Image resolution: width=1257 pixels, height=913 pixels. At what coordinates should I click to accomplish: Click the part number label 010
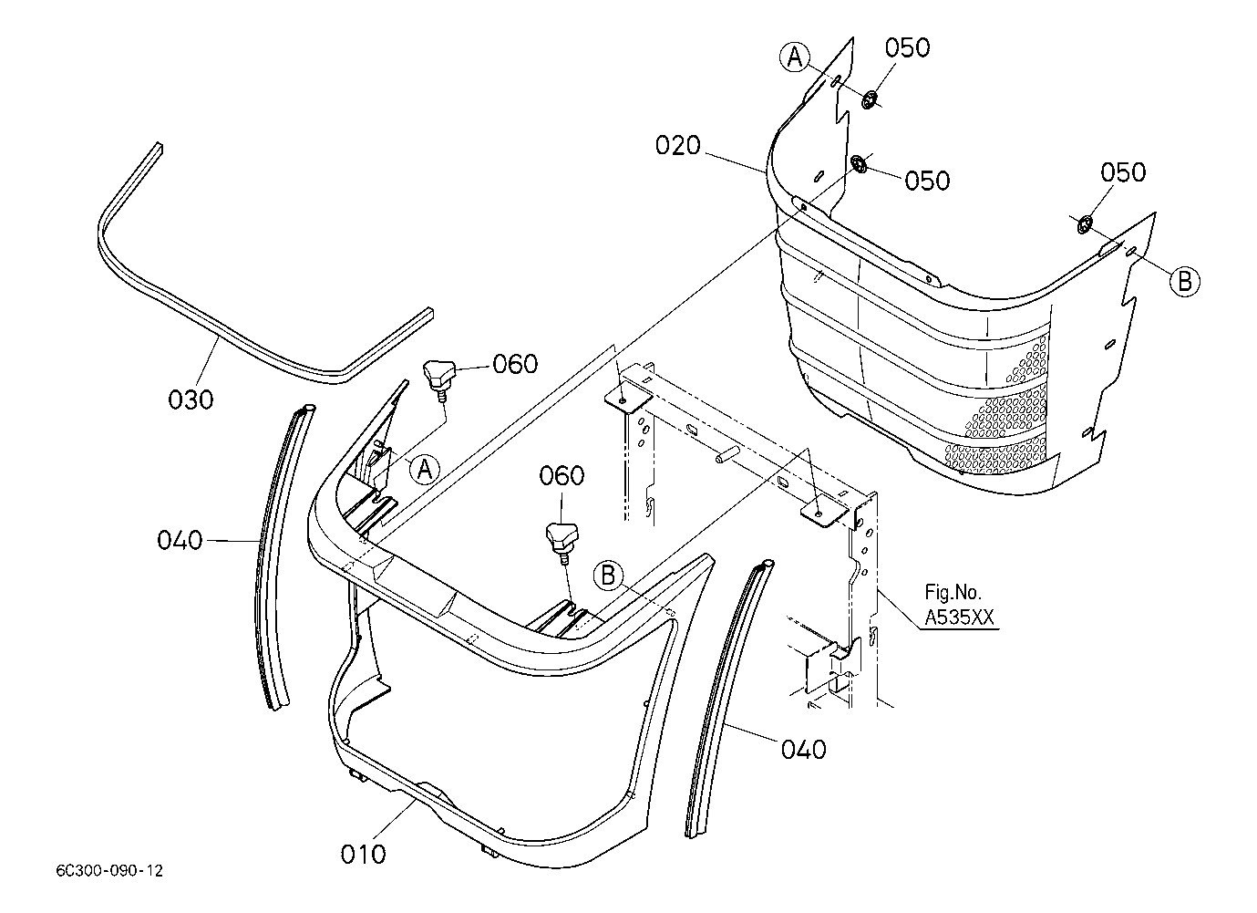(x=363, y=854)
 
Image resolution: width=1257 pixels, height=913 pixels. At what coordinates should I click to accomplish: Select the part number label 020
(x=678, y=145)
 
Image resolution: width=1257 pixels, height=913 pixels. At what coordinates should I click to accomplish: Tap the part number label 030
(x=191, y=399)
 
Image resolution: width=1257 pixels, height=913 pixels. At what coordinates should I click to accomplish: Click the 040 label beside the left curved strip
(x=180, y=540)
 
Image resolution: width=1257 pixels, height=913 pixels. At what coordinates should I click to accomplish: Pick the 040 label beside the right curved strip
(x=804, y=750)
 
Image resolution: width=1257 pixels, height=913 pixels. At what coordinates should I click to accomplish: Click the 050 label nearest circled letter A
(x=907, y=47)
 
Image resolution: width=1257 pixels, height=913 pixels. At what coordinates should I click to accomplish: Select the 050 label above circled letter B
(x=1123, y=172)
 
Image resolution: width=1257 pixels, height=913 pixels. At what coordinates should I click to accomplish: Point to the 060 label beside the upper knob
(x=515, y=364)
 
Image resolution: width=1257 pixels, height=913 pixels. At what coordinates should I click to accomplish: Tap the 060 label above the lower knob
(x=562, y=475)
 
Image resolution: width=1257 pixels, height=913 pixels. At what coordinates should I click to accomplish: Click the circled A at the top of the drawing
(x=795, y=57)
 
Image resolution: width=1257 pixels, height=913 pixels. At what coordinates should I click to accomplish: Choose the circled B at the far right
(x=1185, y=281)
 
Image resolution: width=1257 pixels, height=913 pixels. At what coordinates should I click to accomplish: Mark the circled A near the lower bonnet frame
(x=425, y=469)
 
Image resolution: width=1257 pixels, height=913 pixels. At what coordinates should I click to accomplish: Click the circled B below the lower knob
(x=608, y=576)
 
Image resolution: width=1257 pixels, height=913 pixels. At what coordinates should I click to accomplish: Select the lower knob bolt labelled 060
(x=562, y=543)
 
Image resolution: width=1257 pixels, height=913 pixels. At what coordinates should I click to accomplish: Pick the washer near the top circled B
(x=1084, y=224)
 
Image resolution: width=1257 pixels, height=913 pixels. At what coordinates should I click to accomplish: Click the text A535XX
(x=959, y=618)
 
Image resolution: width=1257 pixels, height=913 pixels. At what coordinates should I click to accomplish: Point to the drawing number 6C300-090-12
(x=109, y=871)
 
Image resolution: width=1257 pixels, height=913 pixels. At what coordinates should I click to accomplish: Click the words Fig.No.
(x=953, y=592)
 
